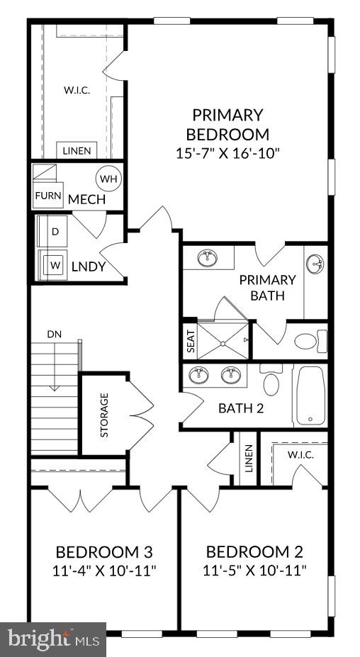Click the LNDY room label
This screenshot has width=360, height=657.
click(x=89, y=267)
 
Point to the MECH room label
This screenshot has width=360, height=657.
click(x=86, y=200)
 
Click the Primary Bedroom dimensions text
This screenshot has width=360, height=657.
click(x=227, y=154)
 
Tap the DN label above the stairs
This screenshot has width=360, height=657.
click(x=55, y=334)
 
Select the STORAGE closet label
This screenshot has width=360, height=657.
click(x=104, y=415)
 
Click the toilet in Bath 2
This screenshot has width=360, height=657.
click(x=271, y=382)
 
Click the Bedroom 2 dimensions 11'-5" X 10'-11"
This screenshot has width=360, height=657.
click(x=255, y=570)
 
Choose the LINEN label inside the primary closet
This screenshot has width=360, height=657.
click(x=77, y=151)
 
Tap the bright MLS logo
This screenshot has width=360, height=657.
click(x=53, y=639)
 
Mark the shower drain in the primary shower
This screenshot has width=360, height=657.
click(x=223, y=342)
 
